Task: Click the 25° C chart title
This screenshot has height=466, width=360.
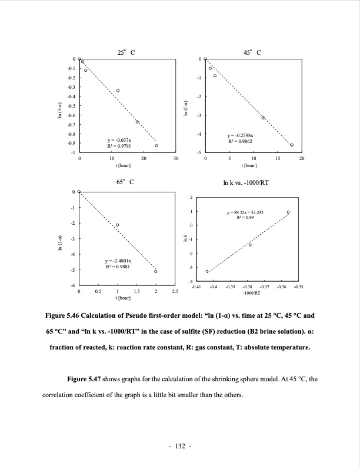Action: pyautogui.click(x=126, y=52)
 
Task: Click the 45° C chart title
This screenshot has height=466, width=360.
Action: pyautogui.click(x=252, y=52)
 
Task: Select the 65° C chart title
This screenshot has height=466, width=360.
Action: pyautogui.click(x=126, y=183)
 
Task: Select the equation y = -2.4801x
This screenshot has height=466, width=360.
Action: pyautogui.click(x=118, y=260)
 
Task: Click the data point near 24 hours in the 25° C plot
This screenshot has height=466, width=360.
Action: pyautogui.click(x=156, y=145)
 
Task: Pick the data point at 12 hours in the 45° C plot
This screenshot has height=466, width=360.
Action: pyautogui.click(x=263, y=118)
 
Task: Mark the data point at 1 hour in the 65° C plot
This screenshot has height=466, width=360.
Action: pyautogui.click(x=118, y=225)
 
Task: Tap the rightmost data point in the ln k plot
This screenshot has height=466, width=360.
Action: pyautogui.click(x=288, y=212)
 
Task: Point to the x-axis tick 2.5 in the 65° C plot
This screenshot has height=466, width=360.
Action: pyautogui.click(x=175, y=291)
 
